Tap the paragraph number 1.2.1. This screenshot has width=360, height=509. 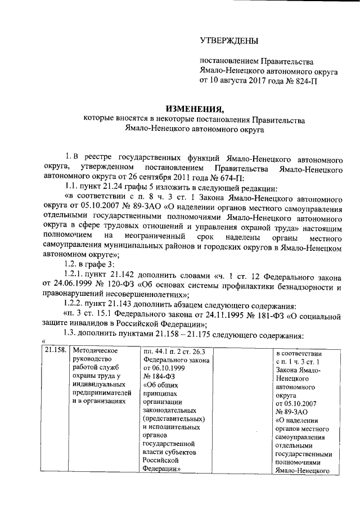[x=74, y=276]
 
